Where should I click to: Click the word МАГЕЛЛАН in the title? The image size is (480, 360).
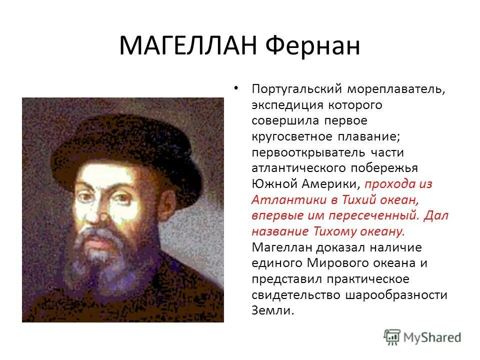click(x=189, y=46)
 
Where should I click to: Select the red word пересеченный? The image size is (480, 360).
click(x=376, y=215)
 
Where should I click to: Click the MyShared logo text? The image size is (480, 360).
click(x=433, y=337)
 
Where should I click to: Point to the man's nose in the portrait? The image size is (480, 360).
click(x=102, y=215)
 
